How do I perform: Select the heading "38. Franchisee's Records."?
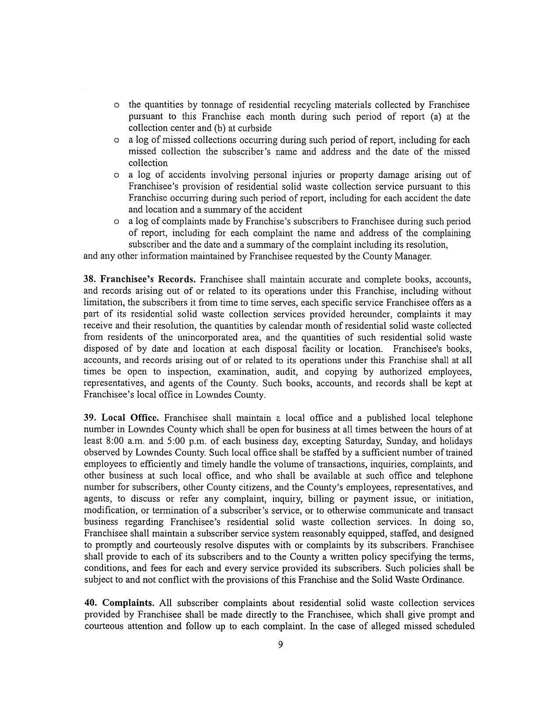click(x=139, y=279)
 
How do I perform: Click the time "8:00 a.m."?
click(x=120, y=441)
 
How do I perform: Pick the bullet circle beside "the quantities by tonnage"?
click(x=117, y=106)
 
